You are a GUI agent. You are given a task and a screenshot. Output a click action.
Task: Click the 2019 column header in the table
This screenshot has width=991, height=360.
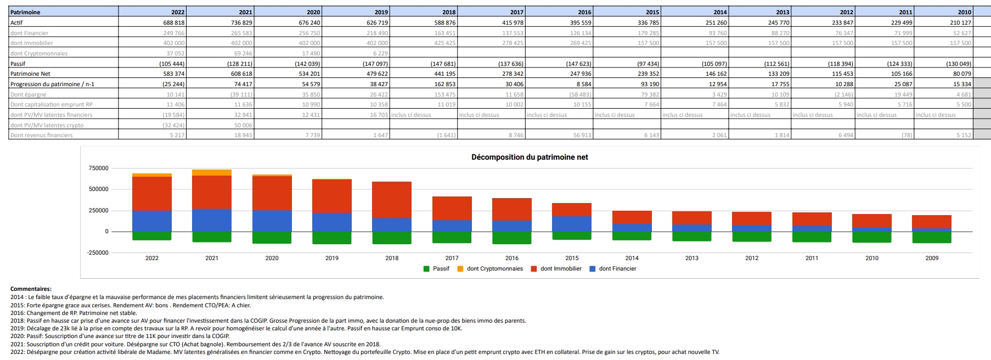click(x=381, y=12)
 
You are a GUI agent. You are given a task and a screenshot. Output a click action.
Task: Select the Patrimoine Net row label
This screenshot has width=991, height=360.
click(x=30, y=74)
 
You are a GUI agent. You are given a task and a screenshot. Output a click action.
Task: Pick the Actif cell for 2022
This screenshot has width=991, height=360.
click(x=173, y=22)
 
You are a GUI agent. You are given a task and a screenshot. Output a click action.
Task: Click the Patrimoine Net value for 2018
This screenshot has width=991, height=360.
click(x=444, y=74)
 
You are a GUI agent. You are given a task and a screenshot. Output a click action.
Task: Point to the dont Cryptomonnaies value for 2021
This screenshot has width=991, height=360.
click(x=243, y=53)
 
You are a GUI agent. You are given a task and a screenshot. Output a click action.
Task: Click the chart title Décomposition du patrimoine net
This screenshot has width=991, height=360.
click(x=530, y=157)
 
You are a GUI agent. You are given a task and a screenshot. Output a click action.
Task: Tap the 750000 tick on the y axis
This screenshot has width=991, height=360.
click(x=99, y=168)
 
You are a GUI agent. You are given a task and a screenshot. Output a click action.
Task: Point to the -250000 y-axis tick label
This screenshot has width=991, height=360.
click(x=98, y=252)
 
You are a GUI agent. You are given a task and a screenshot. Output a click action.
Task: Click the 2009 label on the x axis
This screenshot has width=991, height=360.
click(x=932, y=258)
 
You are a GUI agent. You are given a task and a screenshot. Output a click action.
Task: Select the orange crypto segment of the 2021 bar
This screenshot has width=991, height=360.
click(x=212, y=173)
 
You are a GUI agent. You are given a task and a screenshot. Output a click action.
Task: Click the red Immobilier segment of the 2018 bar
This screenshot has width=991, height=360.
click(x=392, y=200)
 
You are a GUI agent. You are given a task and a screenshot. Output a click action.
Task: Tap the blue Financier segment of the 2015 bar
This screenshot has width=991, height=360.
click(x=572, y=224)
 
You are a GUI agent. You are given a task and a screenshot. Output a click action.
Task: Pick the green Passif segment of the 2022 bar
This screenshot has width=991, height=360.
click(x=152, y=236)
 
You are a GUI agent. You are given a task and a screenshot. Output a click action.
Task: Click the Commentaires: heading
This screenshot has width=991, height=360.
click(x=31, y=289)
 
